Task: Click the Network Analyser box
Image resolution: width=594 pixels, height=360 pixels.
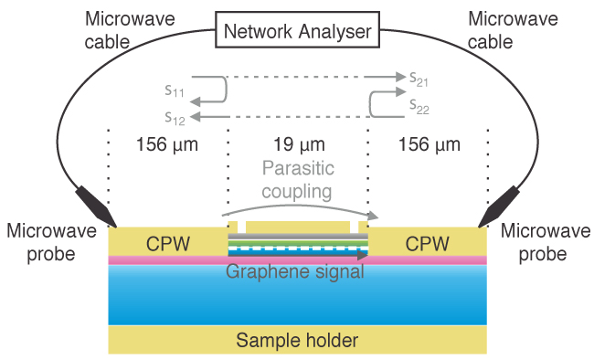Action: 297,32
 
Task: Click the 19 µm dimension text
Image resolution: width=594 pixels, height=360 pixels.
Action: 298,144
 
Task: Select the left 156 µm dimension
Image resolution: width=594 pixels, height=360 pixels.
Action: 167,144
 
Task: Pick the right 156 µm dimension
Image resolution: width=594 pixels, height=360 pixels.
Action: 430,144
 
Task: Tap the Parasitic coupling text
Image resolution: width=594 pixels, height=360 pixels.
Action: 298,180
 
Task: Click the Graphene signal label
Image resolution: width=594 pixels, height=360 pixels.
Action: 295,271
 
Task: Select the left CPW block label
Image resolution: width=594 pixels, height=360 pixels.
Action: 166,244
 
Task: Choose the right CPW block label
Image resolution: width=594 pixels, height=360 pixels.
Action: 429,244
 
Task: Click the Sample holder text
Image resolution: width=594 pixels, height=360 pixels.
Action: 297,341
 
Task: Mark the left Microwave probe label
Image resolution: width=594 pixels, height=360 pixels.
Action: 51,243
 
